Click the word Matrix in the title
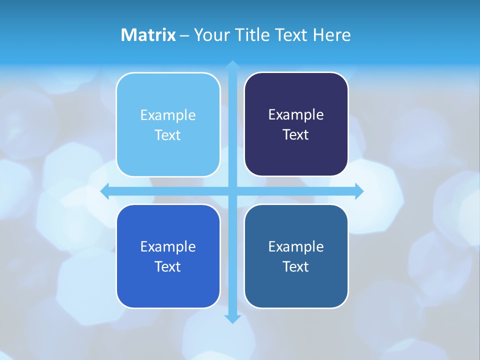(148, 35)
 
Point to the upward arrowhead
(232, 65)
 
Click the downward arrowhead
(232, 318)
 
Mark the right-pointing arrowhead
(358, 191)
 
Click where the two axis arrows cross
(232, 191)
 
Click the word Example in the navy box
(296, 115)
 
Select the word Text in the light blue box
(168, 135)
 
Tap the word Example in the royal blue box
(168, 247)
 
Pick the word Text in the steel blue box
(296, 267)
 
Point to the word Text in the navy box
(296, 135)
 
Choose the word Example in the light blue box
(168, 115)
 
